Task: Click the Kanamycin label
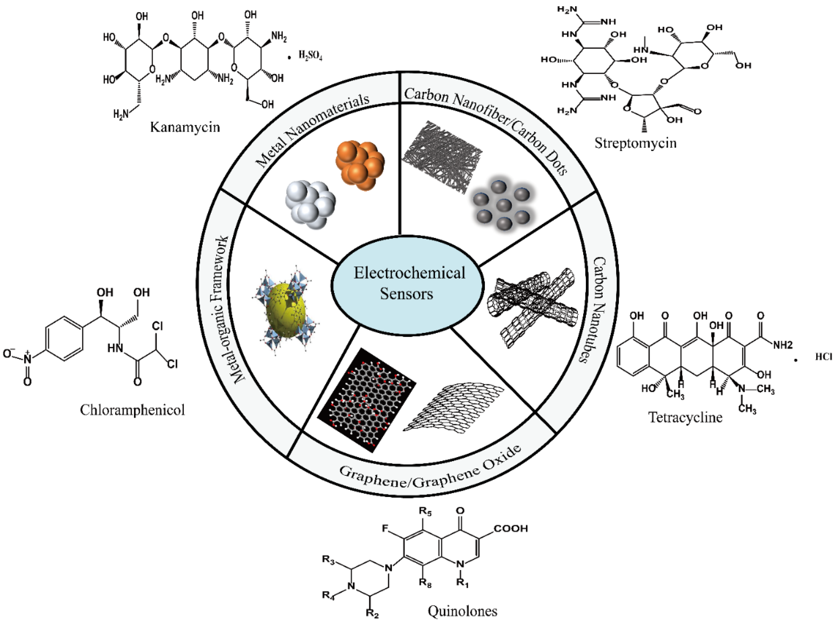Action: tap(185, 127)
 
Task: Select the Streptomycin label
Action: tap(635, 143)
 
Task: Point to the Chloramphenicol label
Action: tap(132, 410)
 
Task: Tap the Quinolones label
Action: tap(462, 610)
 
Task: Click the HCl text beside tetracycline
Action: tap(824, 356)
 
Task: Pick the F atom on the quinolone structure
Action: tap(385, 529)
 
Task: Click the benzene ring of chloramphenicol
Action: tap(64, 338)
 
